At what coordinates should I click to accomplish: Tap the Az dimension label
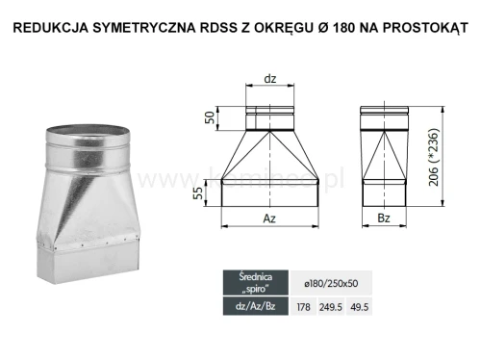[271, 219]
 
